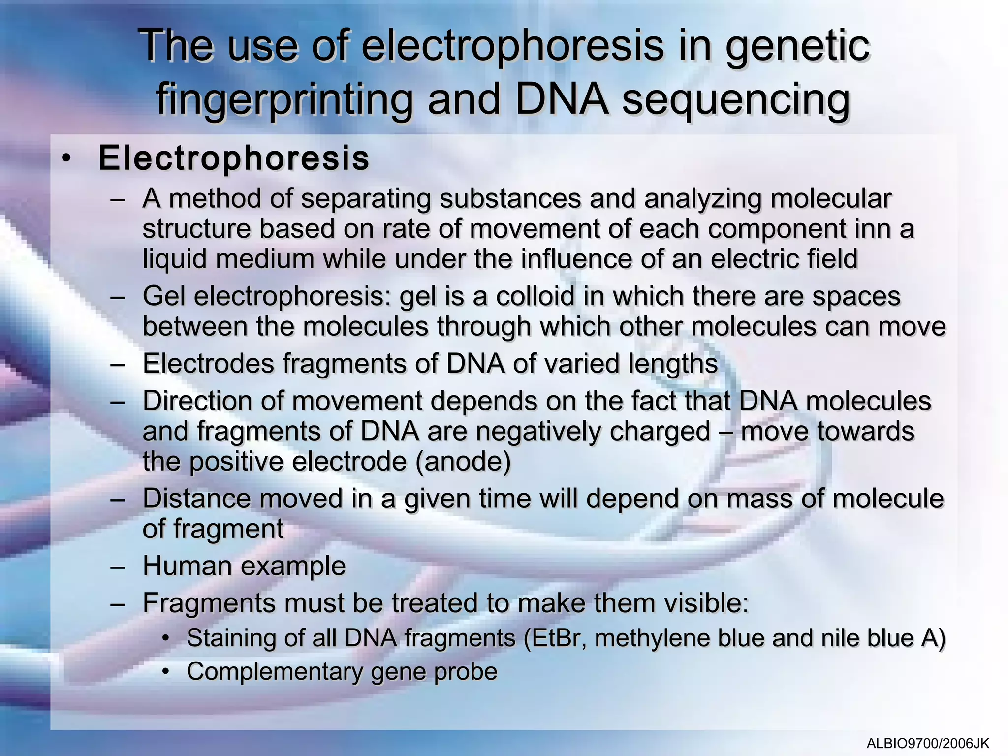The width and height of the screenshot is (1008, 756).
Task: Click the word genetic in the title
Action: coord(797,47)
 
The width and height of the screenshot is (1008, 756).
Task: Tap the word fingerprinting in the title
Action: coord(284,100)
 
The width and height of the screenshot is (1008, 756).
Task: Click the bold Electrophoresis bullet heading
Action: coord(234,158)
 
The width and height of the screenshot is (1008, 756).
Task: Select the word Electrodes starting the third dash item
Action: coord(208,364)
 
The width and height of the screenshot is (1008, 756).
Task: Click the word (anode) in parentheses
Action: coord(463,462)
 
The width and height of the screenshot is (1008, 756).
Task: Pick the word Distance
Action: coord(197,499)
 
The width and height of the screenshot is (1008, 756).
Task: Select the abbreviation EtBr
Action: coord(556,638)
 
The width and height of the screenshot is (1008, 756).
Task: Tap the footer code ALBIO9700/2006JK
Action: coord(928,743)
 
